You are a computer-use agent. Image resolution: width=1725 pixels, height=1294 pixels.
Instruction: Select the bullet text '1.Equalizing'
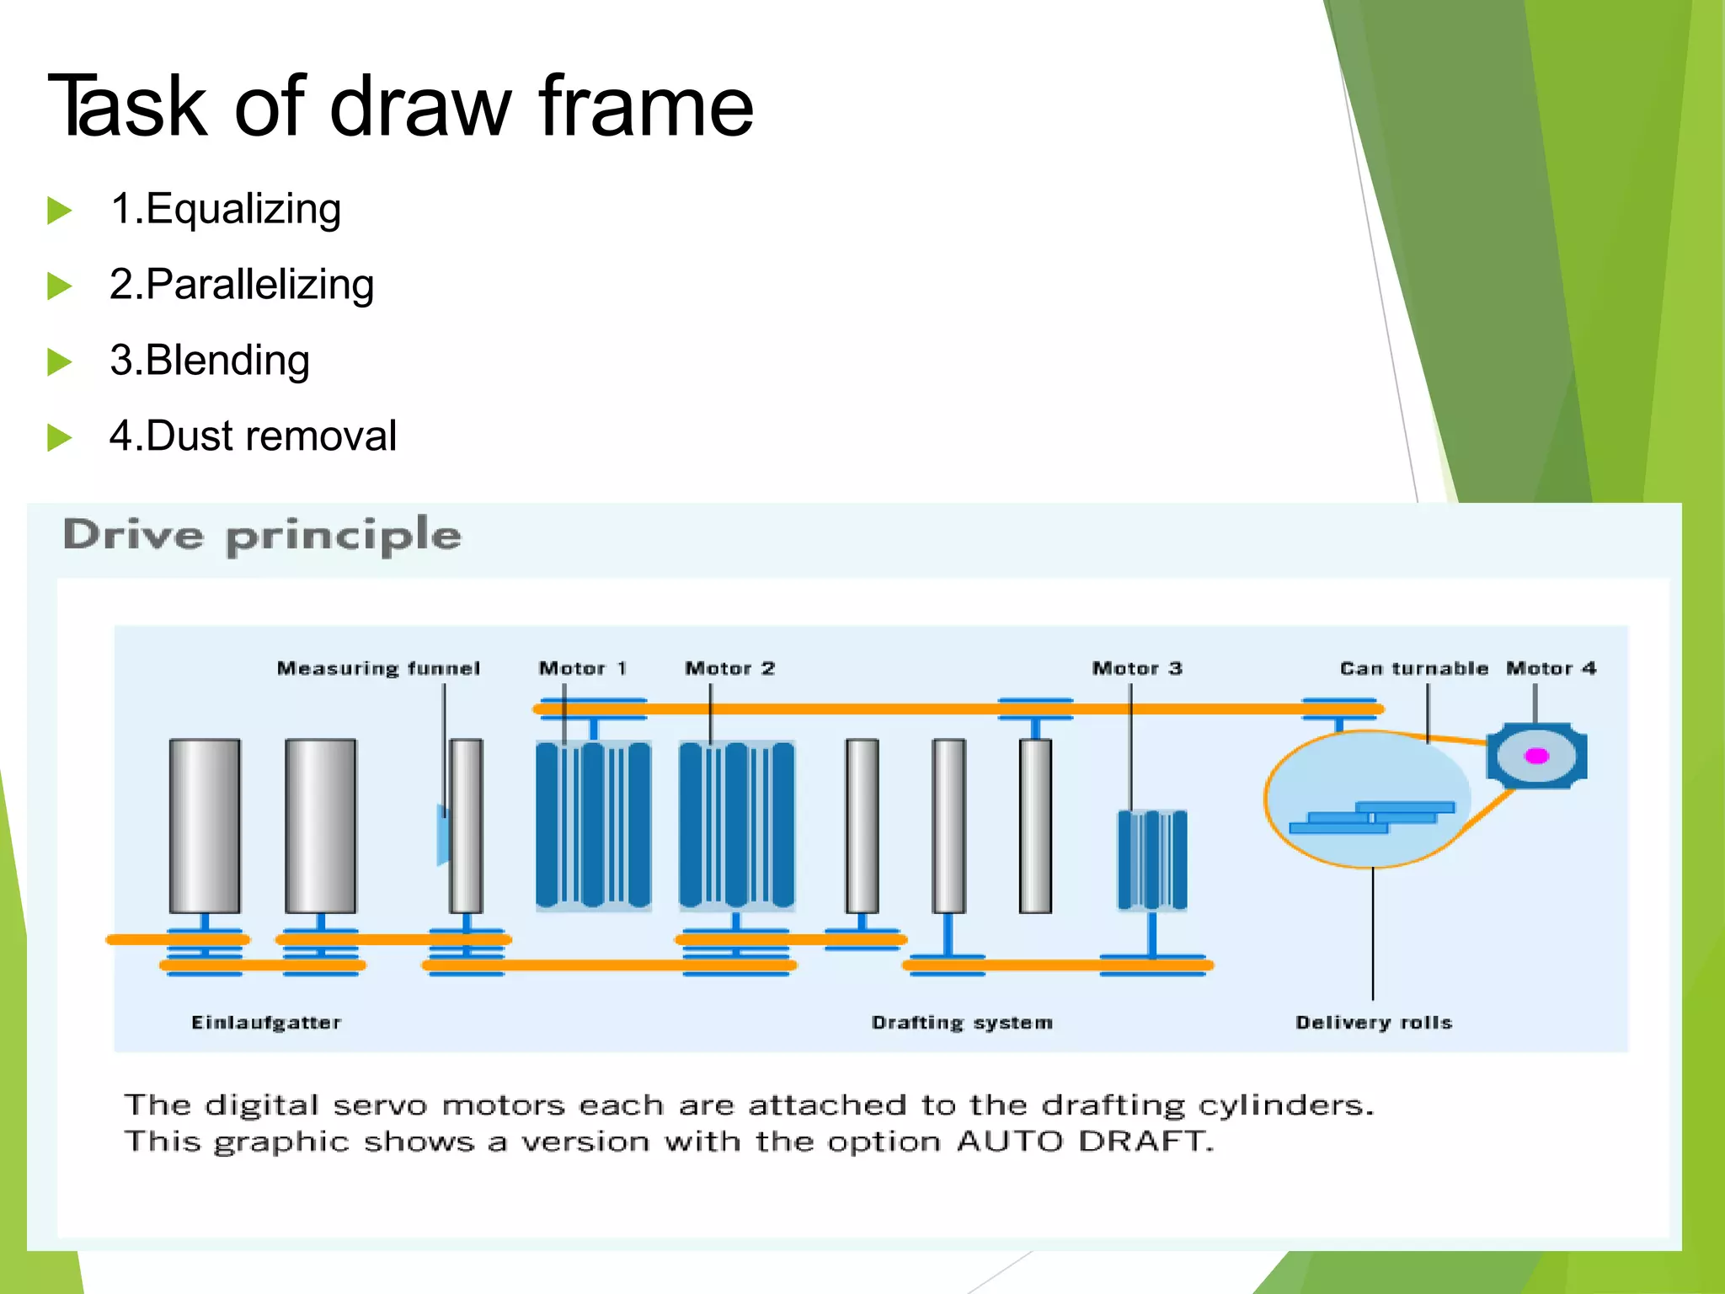point(225,209)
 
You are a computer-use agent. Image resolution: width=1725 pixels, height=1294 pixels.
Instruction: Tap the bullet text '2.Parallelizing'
point(242,285)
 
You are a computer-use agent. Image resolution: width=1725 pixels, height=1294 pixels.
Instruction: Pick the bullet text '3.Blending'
point(210,361)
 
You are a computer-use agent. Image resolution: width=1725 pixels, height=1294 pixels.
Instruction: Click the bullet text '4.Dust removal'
point(253,436)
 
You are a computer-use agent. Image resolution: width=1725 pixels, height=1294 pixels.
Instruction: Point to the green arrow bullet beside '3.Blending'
point(59,362)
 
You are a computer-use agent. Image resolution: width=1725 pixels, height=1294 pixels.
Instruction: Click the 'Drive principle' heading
point(262,536)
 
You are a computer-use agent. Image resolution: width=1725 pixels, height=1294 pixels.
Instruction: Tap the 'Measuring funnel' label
point(378,668)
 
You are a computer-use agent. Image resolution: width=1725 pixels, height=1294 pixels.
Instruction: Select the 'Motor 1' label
point(583,668)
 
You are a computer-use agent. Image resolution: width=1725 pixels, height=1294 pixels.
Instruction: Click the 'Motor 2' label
point(729,668)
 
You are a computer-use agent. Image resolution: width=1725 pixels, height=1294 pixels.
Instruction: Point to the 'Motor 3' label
point(1137,668)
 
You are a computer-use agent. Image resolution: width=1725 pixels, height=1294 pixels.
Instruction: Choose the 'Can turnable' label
point(1413,668)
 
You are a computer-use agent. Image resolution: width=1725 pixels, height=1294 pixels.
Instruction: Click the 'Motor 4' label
point(1551,668)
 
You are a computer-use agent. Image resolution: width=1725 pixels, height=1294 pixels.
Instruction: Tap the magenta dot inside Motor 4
point(1536,756)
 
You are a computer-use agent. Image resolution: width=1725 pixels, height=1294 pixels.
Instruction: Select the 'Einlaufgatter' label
point(266,1022)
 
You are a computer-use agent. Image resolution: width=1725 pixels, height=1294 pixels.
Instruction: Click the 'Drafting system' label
point(962,1022)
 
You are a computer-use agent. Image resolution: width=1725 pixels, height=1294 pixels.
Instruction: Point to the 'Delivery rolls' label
point(1374,1022)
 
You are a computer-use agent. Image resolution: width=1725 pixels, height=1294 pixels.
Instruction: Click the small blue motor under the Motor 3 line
point(1151,859)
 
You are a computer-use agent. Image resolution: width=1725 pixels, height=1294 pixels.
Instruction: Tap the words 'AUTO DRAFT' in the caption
point(1085,1142)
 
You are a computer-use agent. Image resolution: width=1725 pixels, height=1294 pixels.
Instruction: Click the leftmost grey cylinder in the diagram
point(205,826)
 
